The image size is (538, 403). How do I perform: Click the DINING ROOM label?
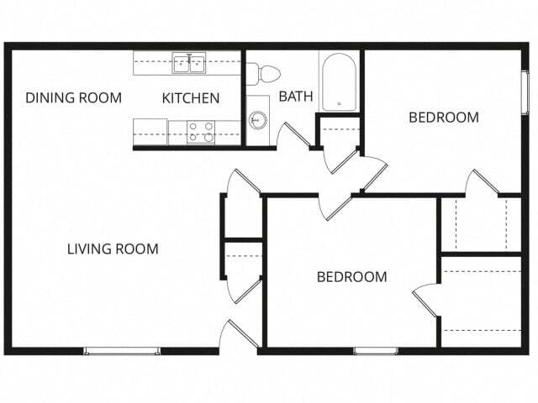click(73, 97)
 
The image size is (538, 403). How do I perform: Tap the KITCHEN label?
click(191, 98)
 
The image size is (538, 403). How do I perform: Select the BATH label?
click(296, 97)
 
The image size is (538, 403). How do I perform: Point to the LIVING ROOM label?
click(113, 249)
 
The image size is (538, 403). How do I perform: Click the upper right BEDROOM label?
click(444, 118)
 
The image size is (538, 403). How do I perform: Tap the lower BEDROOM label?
click(351, 277)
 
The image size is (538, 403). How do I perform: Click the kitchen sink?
click(190, 63)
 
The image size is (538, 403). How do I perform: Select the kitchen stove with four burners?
click(202, 132)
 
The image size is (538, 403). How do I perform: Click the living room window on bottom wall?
click(122, 350)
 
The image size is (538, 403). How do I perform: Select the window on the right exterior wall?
click(525, 92)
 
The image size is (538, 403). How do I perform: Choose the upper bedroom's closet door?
click(482, 183)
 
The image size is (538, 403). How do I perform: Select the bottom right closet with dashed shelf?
click(481, 302)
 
